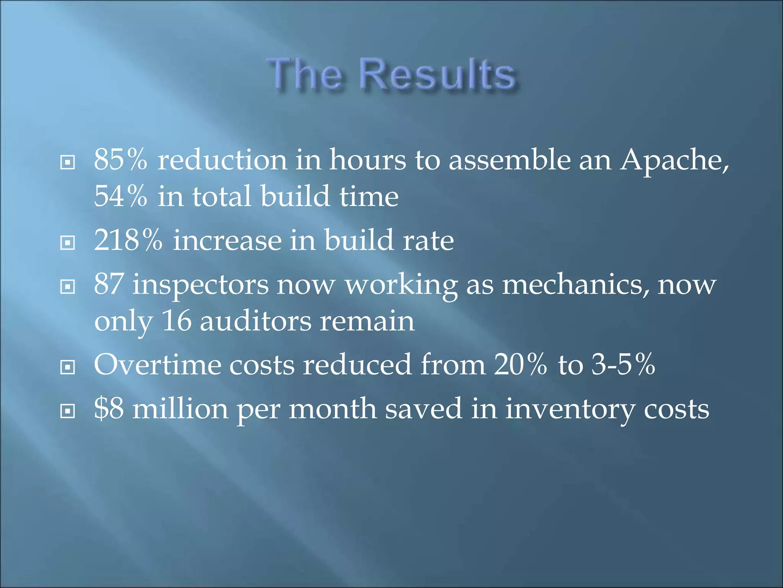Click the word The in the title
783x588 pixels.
304,75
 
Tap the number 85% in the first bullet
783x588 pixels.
120,160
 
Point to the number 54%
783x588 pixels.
120,196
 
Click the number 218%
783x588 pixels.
128,240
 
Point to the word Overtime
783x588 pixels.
157,364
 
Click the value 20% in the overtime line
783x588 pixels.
520,364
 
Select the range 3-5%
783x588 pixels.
623,364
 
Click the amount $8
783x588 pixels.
109,408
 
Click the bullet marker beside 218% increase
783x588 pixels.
68,243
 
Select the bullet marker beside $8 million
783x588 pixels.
68,411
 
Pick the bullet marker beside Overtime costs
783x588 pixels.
68,367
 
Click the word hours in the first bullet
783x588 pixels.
367,160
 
